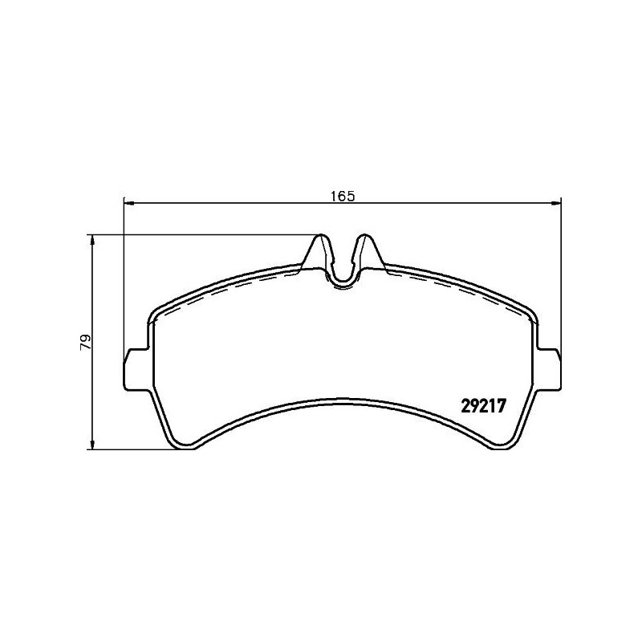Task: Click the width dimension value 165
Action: pyautogui.click(x=341, y=195)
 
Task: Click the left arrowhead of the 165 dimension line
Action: pyautogui.click(x=128, y=202)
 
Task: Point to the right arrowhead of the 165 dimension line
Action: pyautogui.click(x=556, y=202)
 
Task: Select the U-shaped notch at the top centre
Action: pyautogui.click(x=343, y=277)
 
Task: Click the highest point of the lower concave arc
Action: pyautogui.click(x=343, y=400)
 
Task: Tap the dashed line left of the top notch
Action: pyautogui.click(x=241, y=286)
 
